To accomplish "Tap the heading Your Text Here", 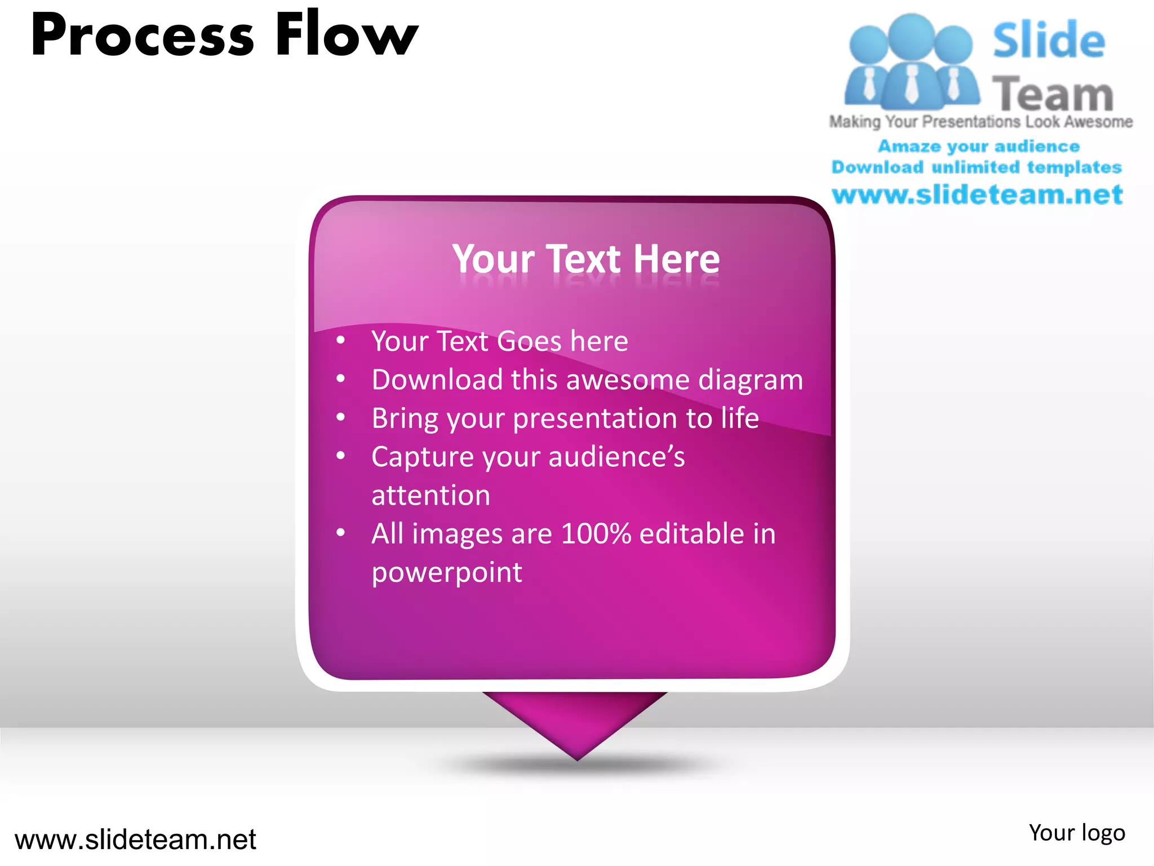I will tap(586, 259).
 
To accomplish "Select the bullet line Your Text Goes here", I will tap(499, 341).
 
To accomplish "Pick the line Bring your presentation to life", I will tap(565, 418).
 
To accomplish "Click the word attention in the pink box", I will tap(430, 496).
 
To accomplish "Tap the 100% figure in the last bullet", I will tap(596, 533).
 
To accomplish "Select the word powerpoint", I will tap(446, 572).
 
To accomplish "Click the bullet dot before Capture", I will tap(340, 456).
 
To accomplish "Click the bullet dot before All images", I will tap(340, 533).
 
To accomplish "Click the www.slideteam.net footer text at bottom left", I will tap(135, 840).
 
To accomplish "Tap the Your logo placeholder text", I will tap(1076, 833).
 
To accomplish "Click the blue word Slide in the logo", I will tap(1048, 41).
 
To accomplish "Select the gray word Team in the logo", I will tap(1053, 94).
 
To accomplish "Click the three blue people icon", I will tap(911, 62).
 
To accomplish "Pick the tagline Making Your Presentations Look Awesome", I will tap(980, 122).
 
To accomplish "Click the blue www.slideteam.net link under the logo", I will tap(977, 195).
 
